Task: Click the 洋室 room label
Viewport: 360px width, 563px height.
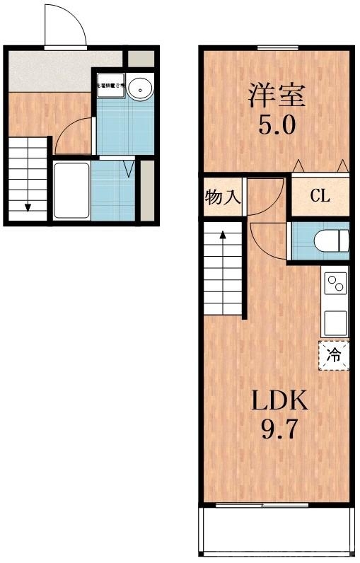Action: pyautogui.click(x=277, y=95)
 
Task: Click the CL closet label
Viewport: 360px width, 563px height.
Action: pyautogui.click(x=320, y=196)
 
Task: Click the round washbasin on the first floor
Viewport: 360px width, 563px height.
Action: pyautogui.click(x=139, y=88)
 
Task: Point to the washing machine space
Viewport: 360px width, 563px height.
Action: pyautogui.click(x=110, y=86)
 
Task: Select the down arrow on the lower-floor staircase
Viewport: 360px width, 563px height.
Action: pyautogui.click(x=28, y=206)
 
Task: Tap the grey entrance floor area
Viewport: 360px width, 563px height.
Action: pyautogui.click(x=64, y=70)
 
